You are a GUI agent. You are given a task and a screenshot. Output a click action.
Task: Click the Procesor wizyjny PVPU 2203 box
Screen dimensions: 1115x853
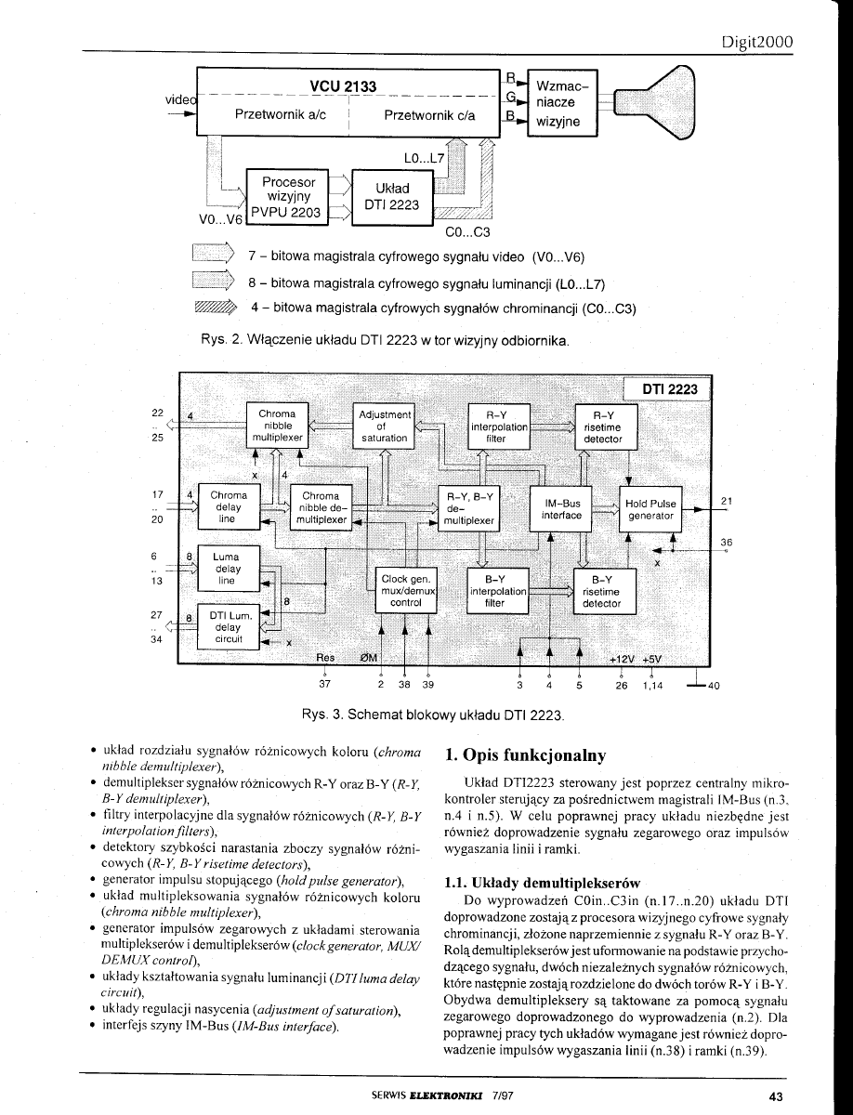point(288,197)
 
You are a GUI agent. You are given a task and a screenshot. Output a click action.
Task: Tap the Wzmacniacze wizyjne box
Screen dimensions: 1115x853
point(563,102)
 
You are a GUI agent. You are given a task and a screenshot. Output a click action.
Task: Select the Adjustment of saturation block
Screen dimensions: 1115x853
point(384,425)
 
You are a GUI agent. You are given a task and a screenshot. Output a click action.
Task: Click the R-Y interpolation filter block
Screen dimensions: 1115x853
point(499,426)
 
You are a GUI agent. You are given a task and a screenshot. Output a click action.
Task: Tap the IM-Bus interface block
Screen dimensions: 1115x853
point(561,508)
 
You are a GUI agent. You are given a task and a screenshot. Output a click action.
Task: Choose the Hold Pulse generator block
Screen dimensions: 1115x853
point(650,508)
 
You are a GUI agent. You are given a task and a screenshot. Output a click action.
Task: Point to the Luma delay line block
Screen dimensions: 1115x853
point(226,569)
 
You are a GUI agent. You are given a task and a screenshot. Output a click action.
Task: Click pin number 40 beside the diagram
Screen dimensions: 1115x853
point(713,688)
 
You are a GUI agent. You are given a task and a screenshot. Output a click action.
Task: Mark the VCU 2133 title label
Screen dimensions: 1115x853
point(343,86)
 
